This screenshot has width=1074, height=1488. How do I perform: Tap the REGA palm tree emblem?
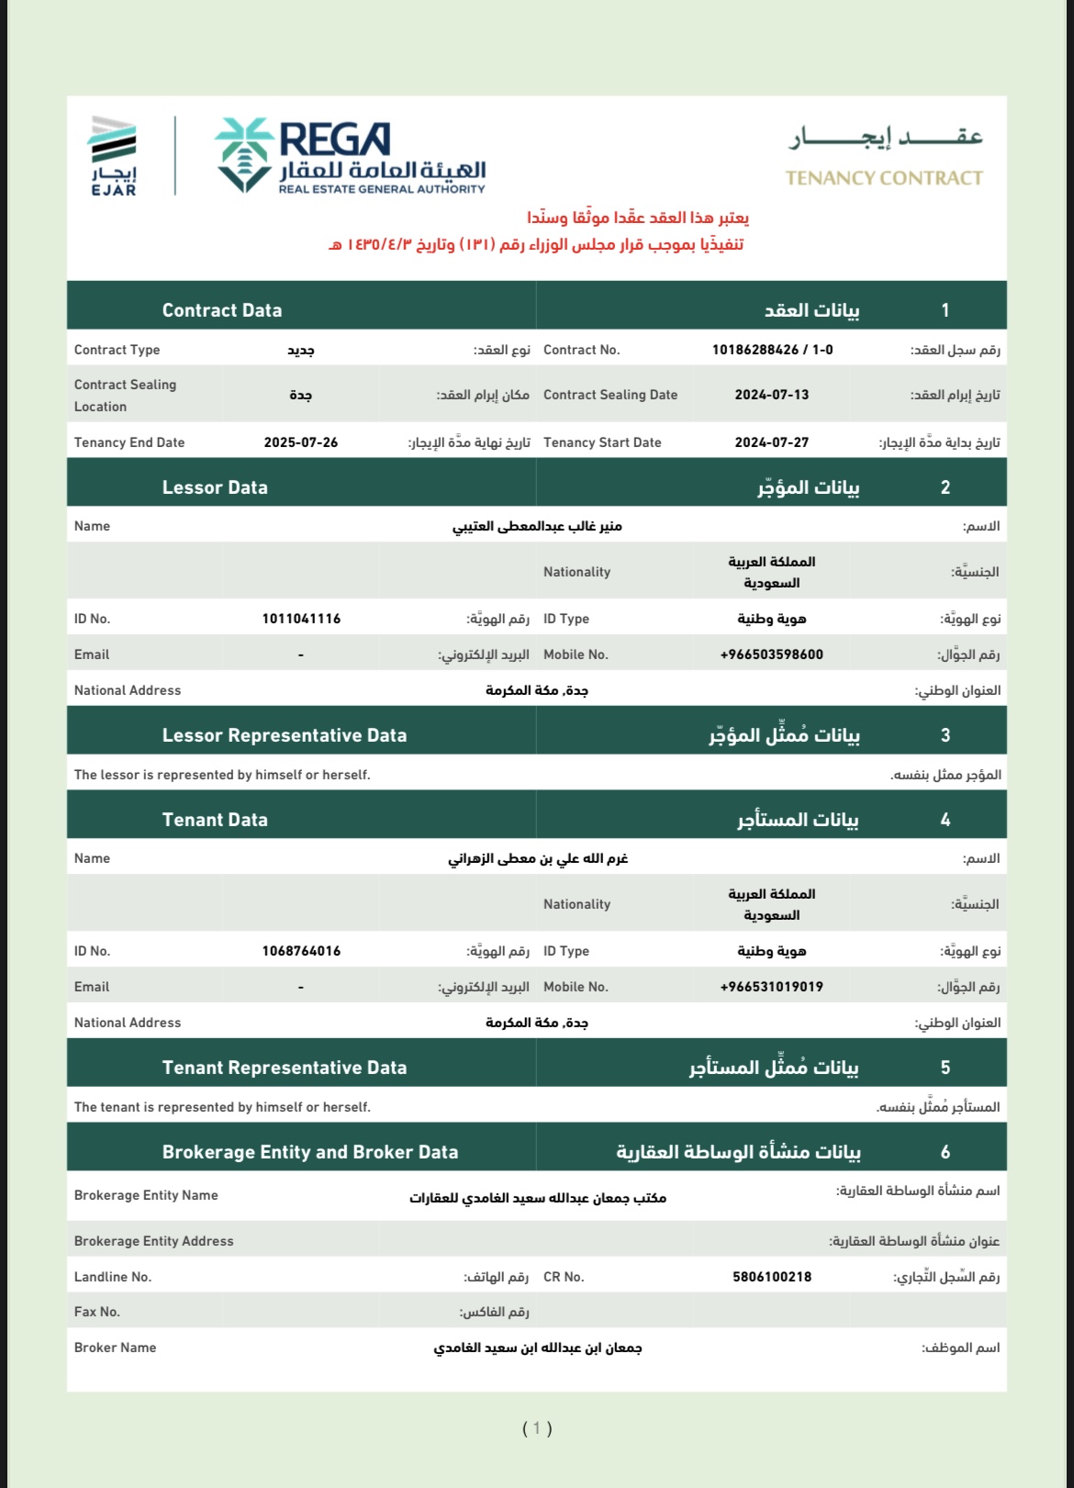click(x=243, y=154)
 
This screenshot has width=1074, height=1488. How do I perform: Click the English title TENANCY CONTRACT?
click(x=884, y=178)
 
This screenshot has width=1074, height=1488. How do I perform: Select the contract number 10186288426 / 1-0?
click(x=772, y=350)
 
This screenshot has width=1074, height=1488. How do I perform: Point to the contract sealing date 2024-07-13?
click(x=772, y=395)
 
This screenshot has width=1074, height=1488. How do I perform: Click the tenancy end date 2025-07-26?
click(x=301, y=442)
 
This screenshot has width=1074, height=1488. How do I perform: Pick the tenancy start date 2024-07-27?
click(x=772, y=442)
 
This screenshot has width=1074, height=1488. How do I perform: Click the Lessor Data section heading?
click(x=215, y=487)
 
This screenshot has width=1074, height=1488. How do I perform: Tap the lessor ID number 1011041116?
click(x=301, y=619)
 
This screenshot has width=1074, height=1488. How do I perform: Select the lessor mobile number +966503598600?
click(x=772, y=654)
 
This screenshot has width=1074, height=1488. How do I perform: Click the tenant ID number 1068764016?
click(x=301, y=951)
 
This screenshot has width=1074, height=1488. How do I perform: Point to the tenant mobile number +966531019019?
click(x=772, y=987)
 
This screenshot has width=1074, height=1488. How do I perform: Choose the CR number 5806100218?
click(x=772, y=1277)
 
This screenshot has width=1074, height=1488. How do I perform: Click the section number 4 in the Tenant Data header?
click(x=945, y=820)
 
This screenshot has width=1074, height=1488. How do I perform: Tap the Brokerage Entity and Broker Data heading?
click(x=310, y=1152)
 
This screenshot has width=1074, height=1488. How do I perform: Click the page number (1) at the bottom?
click(x=537, y=1428)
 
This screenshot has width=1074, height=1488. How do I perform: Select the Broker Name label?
click(x=116, y=1348)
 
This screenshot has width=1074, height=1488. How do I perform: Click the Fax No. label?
click(x=97, y=1312)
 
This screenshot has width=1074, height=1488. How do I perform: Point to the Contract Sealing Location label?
click(x=125, y=396)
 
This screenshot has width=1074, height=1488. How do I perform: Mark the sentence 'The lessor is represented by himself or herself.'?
click(x=222, y=775)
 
